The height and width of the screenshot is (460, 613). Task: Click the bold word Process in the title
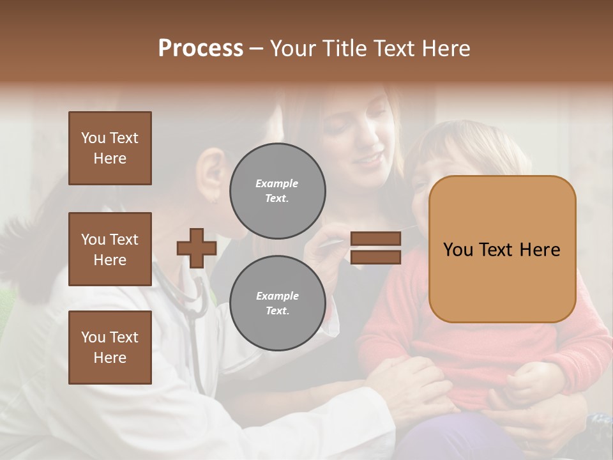pos(201,48)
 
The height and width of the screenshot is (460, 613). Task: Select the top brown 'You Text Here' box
pos(110,148)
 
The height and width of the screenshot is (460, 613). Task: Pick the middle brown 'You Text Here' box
pos(110,249)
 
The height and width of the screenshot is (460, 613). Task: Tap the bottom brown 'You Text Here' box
pos(110,348)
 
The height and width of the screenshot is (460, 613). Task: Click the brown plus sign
pos(197,248)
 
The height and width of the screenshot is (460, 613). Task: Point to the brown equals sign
pos(375,248)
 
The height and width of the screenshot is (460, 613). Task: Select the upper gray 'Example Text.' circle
pos(277,190)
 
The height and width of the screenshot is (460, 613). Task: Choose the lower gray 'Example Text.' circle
pos(277,303)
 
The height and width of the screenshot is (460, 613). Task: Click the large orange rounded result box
pos(502,249)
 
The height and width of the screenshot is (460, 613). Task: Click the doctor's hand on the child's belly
pos(415,383)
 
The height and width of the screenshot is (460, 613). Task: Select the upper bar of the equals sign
pos(375,239)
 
